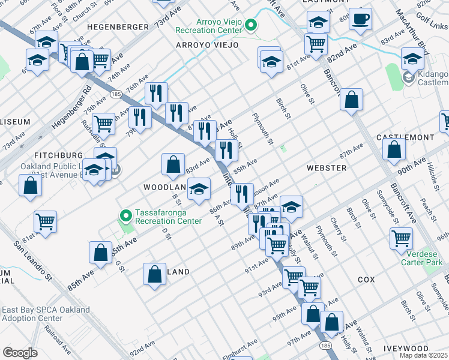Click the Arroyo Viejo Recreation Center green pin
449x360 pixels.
[x=252, y=25]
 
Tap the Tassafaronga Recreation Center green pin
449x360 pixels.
[x=125, y=215]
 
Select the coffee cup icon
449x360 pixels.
[x=360, y=19]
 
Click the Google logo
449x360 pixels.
[x=20, y=352]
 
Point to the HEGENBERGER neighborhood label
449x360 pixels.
[x=118, y=27]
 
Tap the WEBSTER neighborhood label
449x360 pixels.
[x=326, y=168]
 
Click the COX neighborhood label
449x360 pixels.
[x=366, y=280]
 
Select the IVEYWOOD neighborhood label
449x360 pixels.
[x=423, y=348]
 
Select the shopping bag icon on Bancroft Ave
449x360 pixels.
[x=352, y=100]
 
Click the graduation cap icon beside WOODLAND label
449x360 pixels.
[x=199, y=189]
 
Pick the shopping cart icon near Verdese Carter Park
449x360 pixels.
[x=401, y=237]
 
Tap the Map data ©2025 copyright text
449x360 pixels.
[x=423, y=355]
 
